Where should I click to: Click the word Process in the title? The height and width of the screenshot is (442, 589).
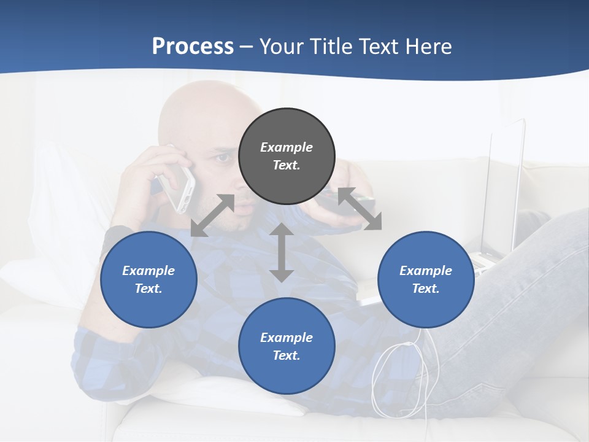[x=193, y=46]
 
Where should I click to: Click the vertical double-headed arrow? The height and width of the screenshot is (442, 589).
[x=282, y=252]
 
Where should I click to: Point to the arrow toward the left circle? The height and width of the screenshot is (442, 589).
[x=212, y=215]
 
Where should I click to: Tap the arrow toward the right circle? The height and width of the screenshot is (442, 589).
[x=359, y=209]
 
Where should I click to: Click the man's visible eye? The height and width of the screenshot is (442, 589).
[x=222, y=158]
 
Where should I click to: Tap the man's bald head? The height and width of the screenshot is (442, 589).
[x=196, y=110]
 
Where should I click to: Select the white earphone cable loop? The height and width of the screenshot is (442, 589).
[x=396, y=374]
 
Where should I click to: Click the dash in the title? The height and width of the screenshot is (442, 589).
[x=246, y=47]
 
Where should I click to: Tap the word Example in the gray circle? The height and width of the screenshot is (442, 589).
[x=287, y=147]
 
